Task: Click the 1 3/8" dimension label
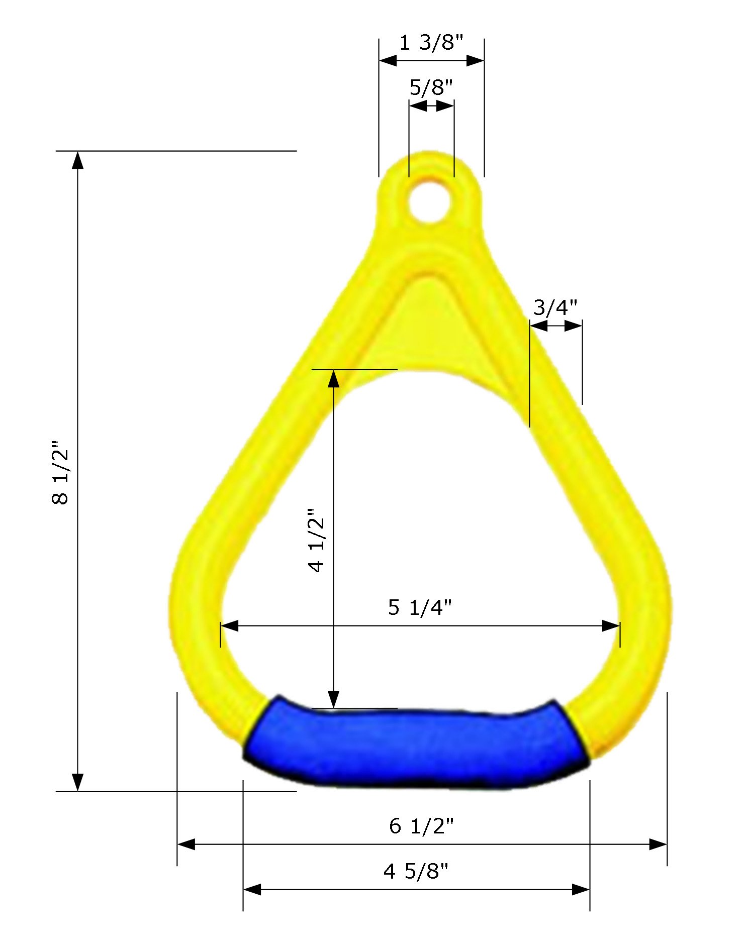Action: pos(430,43)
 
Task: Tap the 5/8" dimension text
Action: pos(431,87)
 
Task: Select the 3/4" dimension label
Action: pos(555,307)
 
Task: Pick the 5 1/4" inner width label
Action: pos(420,608)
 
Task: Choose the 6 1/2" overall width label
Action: pos(421,826)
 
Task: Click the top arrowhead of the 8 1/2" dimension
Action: pos(77,160)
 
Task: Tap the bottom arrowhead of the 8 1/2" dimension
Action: pos(77,782)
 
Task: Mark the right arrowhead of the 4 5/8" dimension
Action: pos(581,890)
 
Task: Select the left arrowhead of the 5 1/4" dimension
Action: pos(229,626)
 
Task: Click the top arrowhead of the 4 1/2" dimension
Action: pos(334,379)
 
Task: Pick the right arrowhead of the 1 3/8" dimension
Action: pos(475,61)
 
